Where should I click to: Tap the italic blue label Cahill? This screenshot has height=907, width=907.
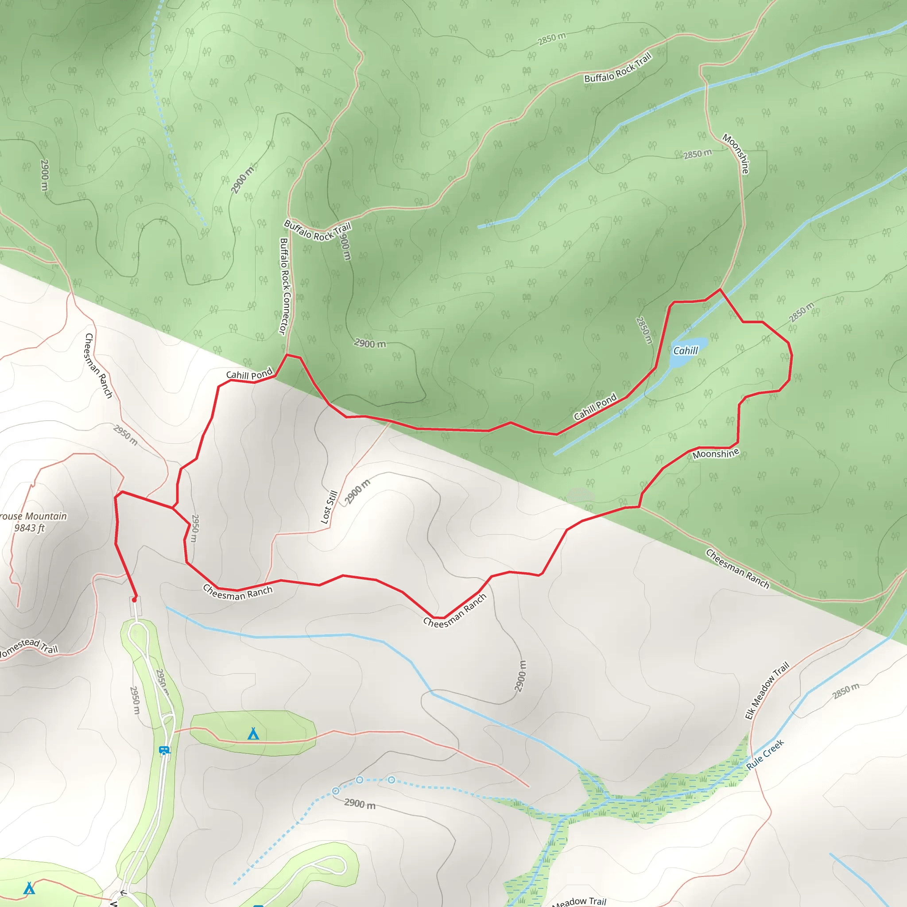(686, 351)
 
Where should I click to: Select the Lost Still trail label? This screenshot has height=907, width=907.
(329, 507)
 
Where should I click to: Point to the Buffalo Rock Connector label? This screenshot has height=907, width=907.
(285, 287)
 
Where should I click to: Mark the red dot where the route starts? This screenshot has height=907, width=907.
(134, 600)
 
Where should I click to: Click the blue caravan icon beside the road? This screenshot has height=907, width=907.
(164, 750)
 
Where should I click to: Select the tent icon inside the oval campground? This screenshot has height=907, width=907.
(253, 734)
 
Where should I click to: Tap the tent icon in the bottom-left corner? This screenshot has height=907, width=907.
(29, 888)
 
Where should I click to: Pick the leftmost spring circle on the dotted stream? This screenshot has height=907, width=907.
(336, 791)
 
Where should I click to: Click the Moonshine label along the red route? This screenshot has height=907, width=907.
(716, 453)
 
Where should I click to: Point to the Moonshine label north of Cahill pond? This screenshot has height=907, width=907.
(736, 154)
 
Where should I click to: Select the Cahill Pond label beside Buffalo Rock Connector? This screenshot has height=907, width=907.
(249, 374)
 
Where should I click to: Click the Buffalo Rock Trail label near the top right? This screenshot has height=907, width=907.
(617, 68)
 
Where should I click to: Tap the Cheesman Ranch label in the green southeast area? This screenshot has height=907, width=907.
(737, 569)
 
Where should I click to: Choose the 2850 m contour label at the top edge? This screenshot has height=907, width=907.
(552, 39)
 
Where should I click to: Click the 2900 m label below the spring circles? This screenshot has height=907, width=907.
(360, 804)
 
